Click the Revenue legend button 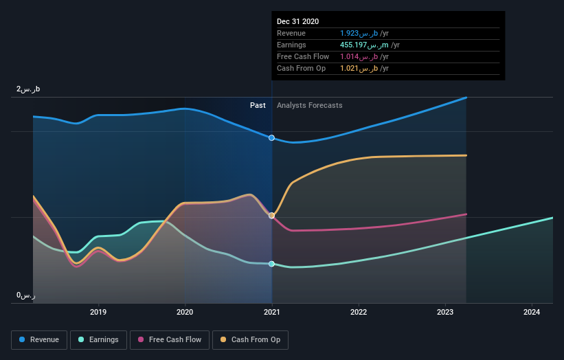click(x=39, y=339)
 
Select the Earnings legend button click(x=98, y=339)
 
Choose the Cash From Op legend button click(x=250, y=339)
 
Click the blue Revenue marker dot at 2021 click(x=272, y=138)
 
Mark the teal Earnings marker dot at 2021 click(x=272, y=264)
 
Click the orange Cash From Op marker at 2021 click(x=272, y=215)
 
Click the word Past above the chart click(x=258, y=105)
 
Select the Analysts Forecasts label click(x=309, y=105)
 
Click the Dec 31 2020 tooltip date click(x=298, y=22)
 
